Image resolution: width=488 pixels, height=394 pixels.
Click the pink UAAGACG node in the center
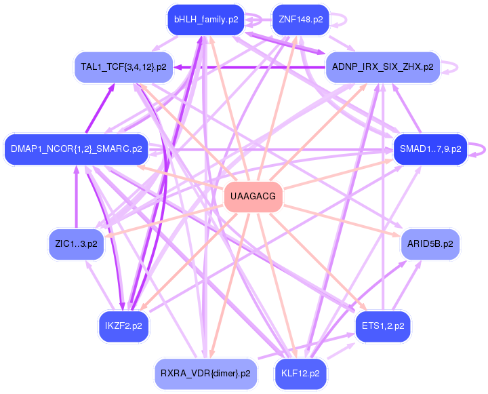tap(253, 197)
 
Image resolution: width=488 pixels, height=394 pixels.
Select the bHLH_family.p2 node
tap(205, 20)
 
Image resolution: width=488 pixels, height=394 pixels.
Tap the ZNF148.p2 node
tap(300, 20)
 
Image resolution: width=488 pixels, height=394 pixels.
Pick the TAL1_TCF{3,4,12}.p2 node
tap(123, 66)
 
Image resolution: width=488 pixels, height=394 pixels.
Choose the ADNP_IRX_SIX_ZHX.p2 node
tap(383, 66)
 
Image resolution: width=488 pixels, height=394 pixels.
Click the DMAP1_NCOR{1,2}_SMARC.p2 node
tap(76, 149)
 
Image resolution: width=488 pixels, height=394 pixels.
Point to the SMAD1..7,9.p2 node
tap(430, 149)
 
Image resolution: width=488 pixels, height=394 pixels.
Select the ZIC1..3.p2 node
tap(75, 243)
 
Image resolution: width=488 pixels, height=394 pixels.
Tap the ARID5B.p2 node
tap(430, 243)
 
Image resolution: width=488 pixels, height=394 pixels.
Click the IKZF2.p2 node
tap(123, 326)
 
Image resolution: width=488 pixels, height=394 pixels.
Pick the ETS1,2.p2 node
tap(383, 326)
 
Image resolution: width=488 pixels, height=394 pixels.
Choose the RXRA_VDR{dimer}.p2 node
tap(205, 372)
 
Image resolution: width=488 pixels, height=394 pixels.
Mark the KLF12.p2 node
tap(300, 372)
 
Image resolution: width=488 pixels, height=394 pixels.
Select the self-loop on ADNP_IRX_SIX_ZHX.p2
tap(456, 66)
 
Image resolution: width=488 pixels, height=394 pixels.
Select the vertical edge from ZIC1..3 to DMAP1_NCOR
tap(76, 197)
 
